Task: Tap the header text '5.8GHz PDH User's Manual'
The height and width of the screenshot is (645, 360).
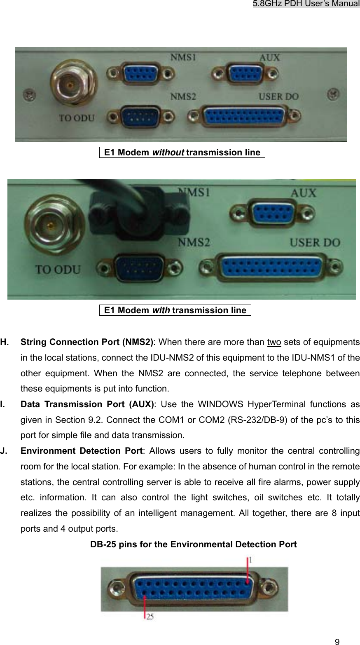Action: pos(306,4)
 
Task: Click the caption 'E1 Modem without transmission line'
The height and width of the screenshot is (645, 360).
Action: pos(182,152)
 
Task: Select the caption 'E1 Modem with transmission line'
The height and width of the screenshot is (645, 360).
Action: pos(175,310)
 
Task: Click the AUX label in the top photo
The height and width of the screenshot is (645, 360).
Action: pos(269,58)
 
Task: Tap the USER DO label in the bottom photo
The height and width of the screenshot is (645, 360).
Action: pos(315,242)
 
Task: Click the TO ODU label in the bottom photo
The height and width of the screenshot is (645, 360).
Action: pos(58,270)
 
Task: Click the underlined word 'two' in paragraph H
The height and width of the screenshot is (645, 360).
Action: pos(274,342)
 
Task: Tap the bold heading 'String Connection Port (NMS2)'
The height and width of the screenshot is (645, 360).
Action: pos(87,342)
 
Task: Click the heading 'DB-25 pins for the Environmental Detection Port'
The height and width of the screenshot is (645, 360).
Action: pos(193,544)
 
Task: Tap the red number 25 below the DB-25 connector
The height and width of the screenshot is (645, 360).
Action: pos(149,617)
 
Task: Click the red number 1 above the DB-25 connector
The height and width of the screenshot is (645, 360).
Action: pos(249,561)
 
